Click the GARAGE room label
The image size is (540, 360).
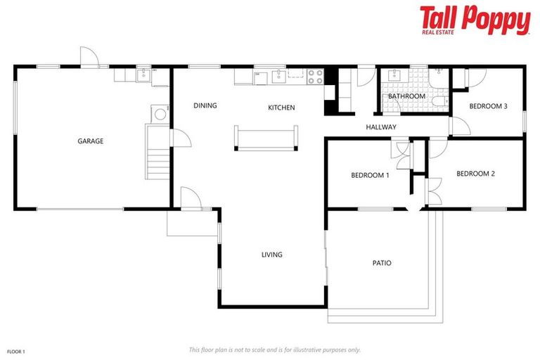(x=90, y=141)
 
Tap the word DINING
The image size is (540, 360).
(x=205, y=105)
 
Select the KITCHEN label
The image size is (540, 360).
(x=281, y=108)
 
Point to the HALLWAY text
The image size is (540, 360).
(x=381, y=127)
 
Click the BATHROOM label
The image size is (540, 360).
(x=406, y=96)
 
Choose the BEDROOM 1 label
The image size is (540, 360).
(x=370, y=175)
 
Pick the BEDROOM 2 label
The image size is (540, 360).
(x=476, y=174)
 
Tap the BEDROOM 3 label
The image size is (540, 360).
(x=488, y=106)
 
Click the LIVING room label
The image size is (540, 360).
(x=271, y=255)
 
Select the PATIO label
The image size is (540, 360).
(x=382, y=263)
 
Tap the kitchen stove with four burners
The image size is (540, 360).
(x=314, y=73)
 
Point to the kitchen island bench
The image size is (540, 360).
(x=266, y=138)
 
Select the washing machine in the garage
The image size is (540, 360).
(x=160, y=114)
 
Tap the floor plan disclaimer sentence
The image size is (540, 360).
(x=274, y=349)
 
